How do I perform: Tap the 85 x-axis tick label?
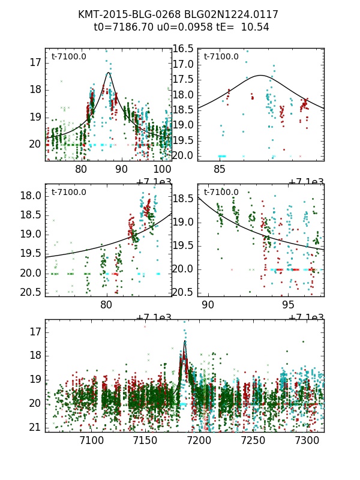click(220, 170)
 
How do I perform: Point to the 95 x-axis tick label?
click(288, 305)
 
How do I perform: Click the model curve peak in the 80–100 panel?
click(109, 73)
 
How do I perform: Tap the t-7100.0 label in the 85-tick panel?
click(221, 57)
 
